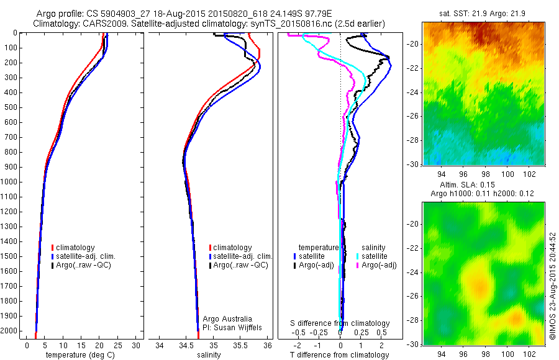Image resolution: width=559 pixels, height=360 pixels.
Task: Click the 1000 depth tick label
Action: tap(10, 182)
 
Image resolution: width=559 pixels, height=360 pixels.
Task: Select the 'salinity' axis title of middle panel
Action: tap(209, 355)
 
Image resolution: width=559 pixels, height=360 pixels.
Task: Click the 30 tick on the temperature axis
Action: tap(135, 346)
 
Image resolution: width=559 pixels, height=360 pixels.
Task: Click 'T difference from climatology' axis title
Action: tap(340, 355)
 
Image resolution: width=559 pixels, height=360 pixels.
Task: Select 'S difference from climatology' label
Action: tap(340, 323)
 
